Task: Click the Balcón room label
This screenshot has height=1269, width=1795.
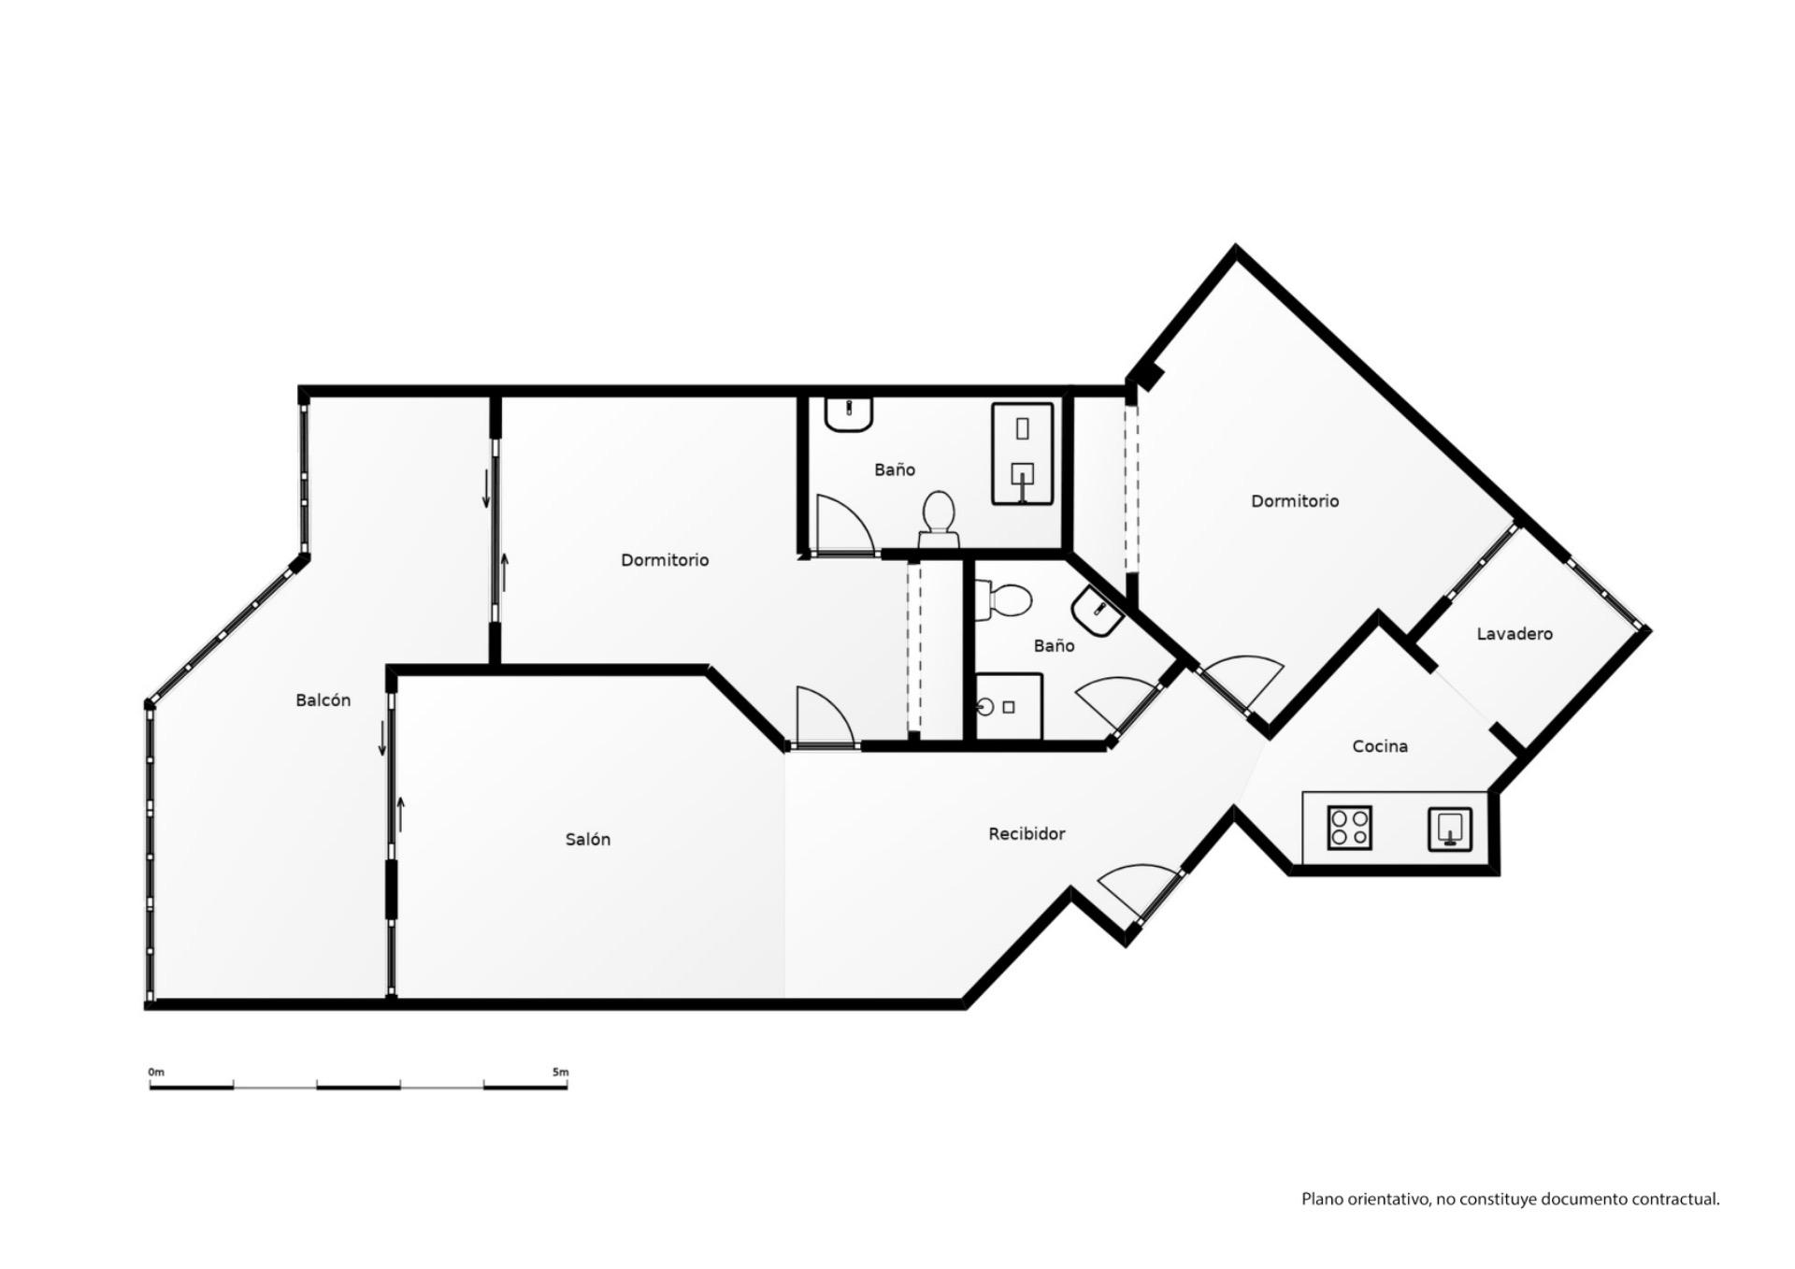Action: coord(323,700)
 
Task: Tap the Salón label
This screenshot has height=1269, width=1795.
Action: coord(587,840)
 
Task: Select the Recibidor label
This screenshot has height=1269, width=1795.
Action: coord(1027,834)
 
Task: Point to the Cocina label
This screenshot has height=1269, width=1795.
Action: coord(1380,746)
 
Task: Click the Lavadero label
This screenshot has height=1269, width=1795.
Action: coord(1515,634)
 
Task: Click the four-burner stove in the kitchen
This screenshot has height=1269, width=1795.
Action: coord(1349,828)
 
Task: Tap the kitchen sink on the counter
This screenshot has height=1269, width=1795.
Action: coord(1450,829)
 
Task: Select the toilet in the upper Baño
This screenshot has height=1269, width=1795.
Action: coord(939,519)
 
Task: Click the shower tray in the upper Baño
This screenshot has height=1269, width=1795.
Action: coord(1023,454)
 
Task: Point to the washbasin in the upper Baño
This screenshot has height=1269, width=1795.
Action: coord(849,414)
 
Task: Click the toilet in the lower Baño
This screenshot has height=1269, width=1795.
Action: coord(1001,599)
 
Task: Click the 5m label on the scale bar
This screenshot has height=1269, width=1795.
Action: coord(560,1072)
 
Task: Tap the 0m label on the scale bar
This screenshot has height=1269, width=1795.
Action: coord(156,1072)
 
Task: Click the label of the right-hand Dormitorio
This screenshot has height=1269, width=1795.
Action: coord(1295,501)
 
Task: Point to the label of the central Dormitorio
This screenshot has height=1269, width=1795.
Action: coord(665,560)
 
